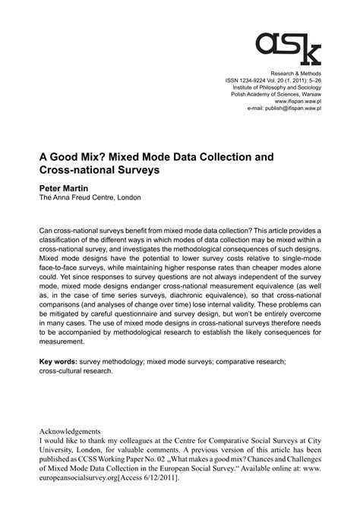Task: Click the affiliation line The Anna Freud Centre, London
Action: pos(90,197)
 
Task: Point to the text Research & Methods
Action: pos(298,71)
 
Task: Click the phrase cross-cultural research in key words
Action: pos(77,371)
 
